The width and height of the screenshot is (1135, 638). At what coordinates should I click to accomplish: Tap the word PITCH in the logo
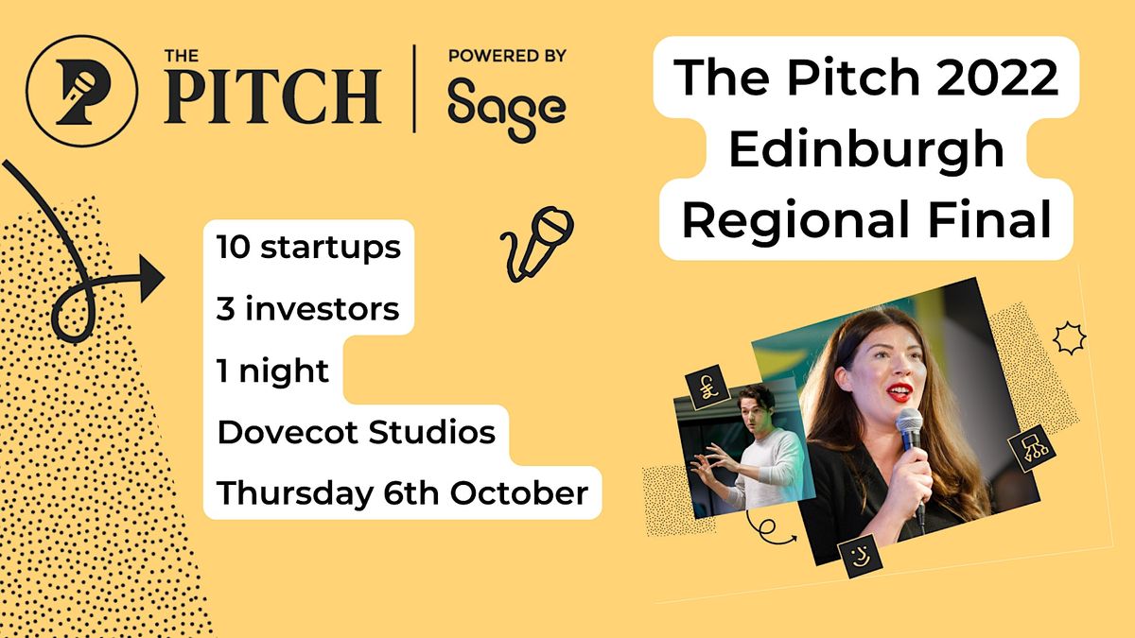[272, 95]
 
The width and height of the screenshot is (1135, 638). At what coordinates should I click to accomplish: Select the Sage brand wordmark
[506, 107]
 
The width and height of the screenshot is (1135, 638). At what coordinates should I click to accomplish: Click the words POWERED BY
[506, 56]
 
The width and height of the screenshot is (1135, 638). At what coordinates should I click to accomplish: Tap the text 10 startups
[308, 249]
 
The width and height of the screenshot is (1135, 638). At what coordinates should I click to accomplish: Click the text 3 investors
[308, 309]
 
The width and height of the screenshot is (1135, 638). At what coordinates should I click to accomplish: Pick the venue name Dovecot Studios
[357, 433]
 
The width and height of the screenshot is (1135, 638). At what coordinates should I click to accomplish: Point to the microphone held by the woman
[910, 429]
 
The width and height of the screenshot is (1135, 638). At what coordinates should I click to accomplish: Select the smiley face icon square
[860, 551]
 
